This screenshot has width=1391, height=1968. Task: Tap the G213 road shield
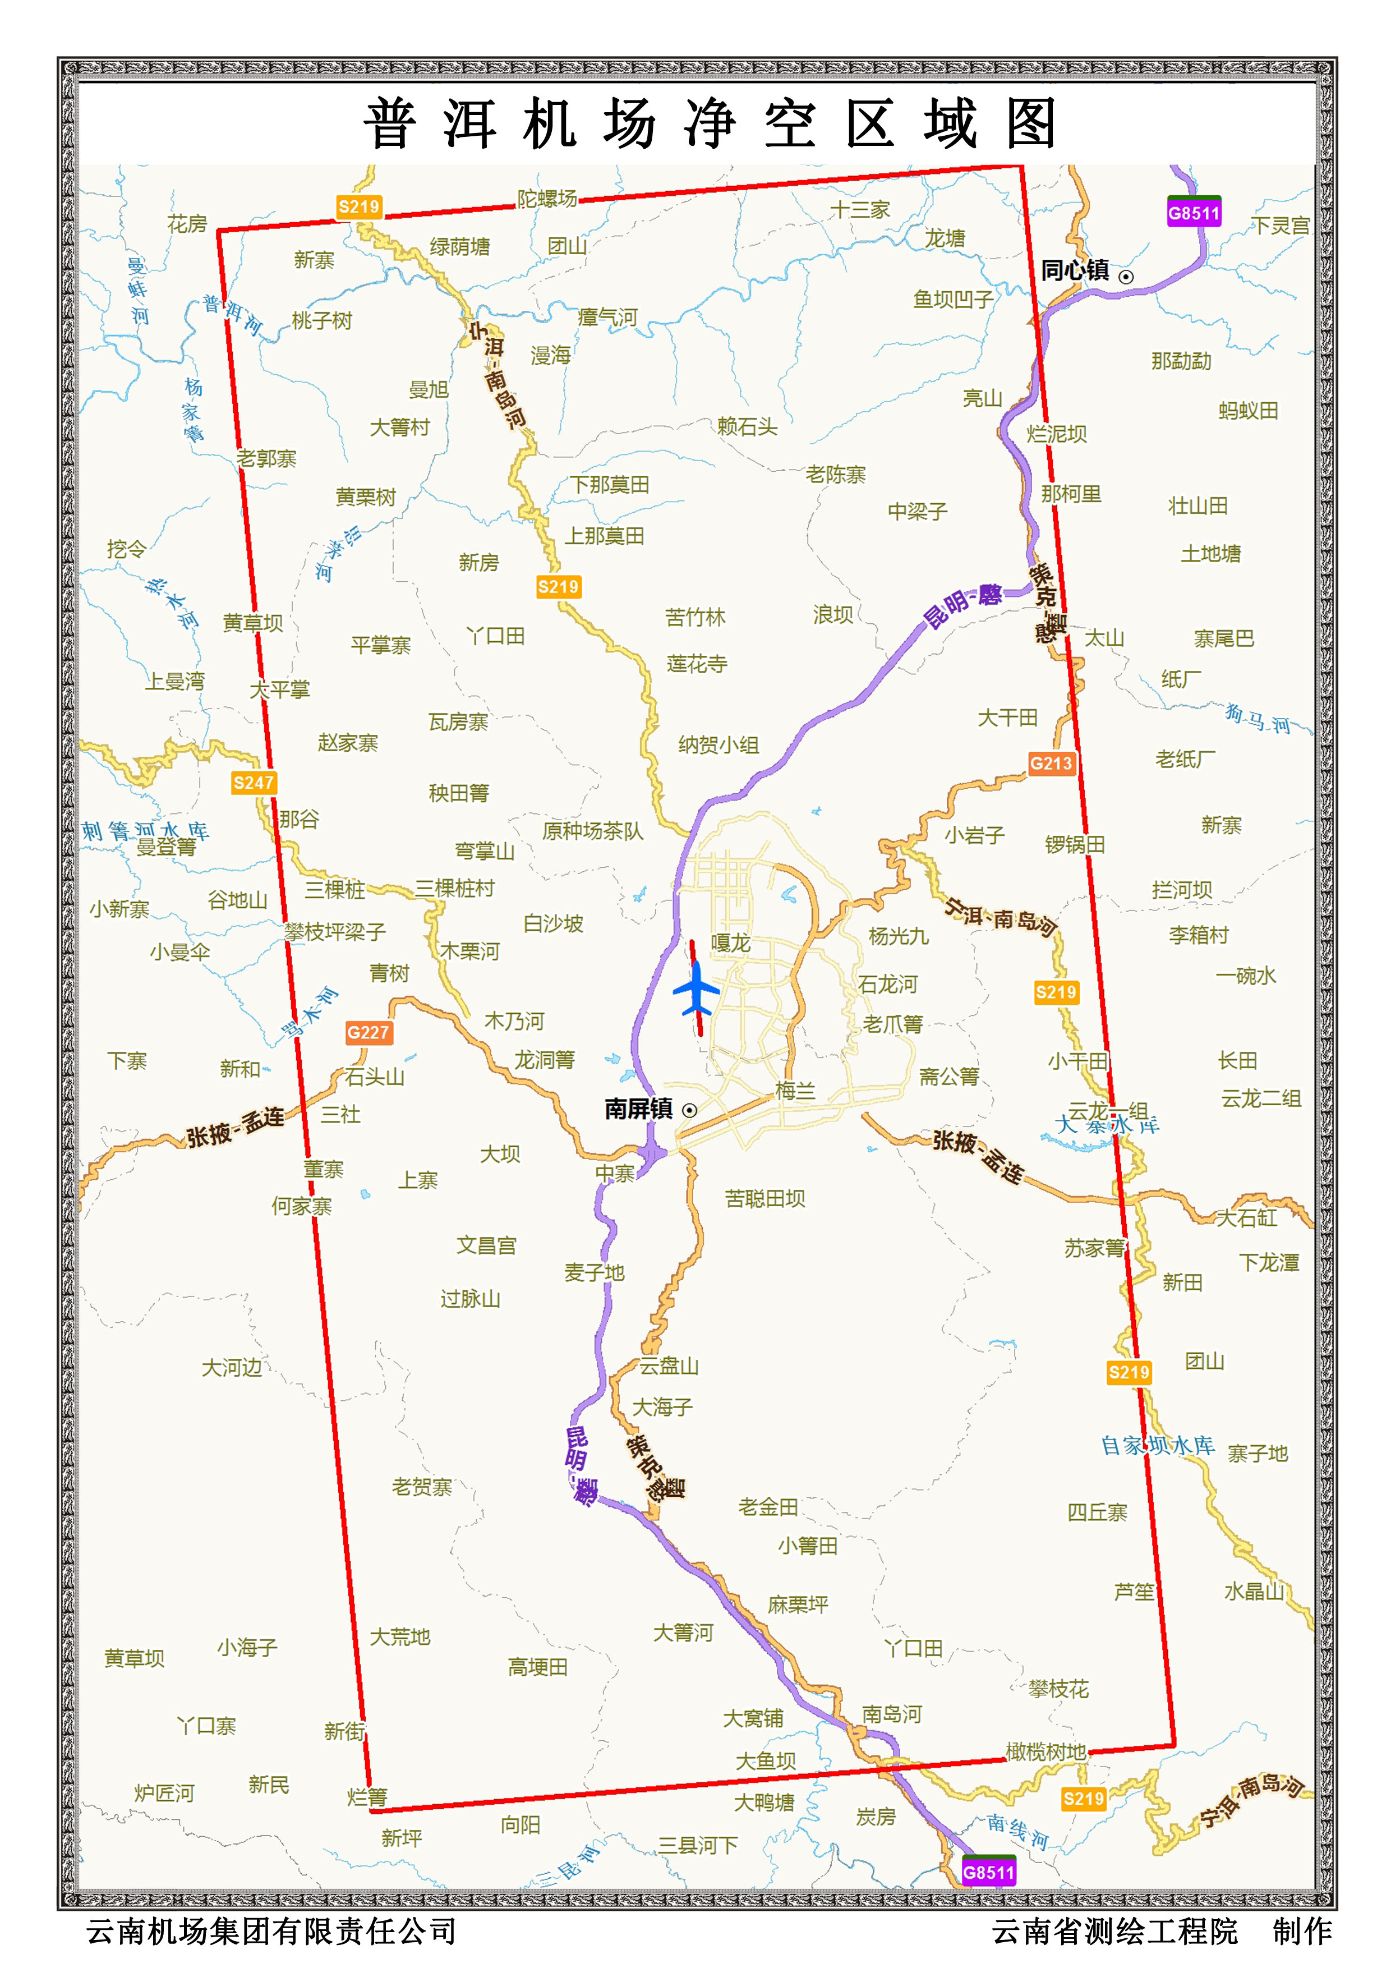coord(1051,763)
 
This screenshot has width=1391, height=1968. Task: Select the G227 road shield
coord(369,1032)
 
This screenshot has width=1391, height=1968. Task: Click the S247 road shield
coord(253,781)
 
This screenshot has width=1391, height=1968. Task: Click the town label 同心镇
coord(1075,271)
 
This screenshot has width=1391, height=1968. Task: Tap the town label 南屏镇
coord(638,1109)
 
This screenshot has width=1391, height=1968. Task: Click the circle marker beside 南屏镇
coord(689,1110)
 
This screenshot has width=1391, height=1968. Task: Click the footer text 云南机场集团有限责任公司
coord(271,1930)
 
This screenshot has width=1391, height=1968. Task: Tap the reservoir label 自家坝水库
coord(1157,1446)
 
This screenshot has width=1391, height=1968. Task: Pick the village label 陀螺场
coord(547,199)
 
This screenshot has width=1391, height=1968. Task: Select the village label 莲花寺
coord(697,664)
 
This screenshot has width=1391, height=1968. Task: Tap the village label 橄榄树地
coord(1045,1751)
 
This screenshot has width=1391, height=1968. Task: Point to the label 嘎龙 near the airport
coord(730,943)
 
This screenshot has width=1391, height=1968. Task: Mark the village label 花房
coord(187,224)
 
